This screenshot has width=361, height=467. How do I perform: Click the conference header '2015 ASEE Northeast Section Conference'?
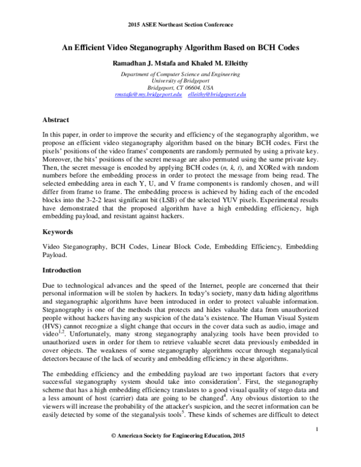[x=180, y=25]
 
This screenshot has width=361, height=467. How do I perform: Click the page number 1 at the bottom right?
[x=316, y=446]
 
